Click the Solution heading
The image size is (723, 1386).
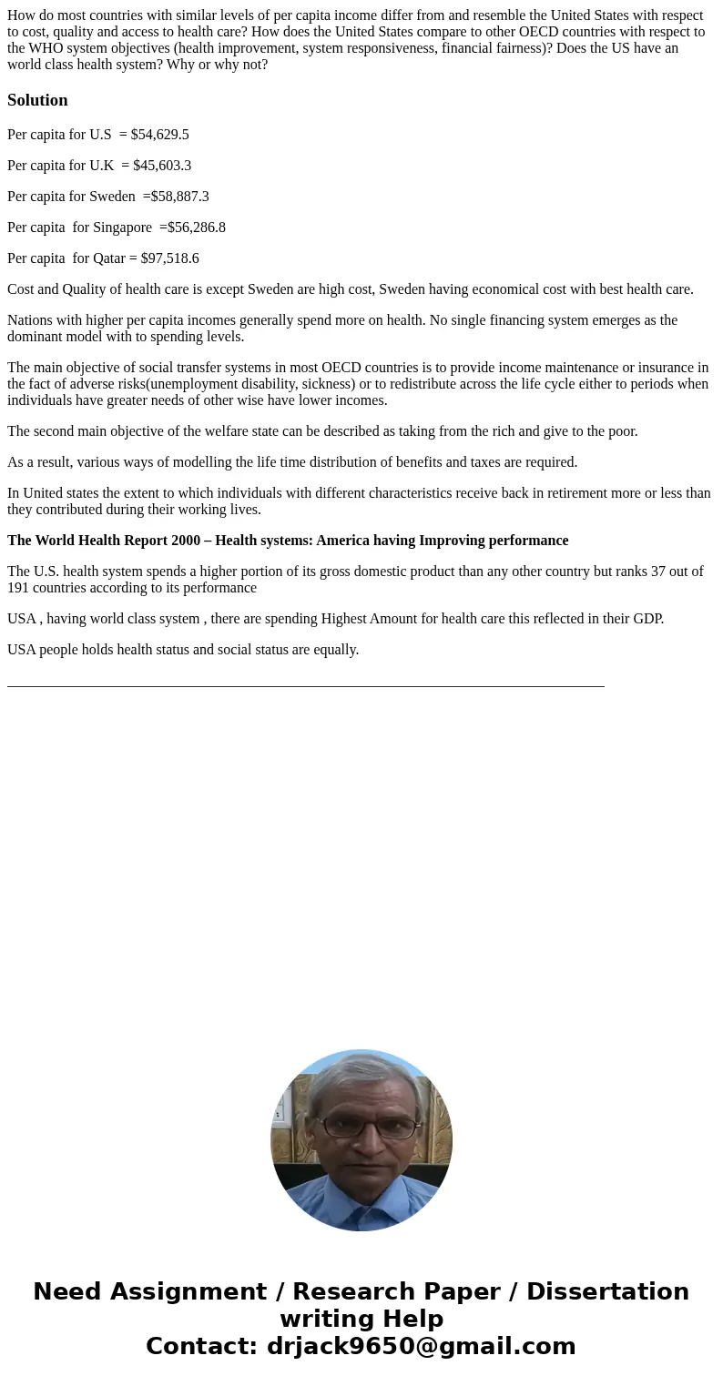37,100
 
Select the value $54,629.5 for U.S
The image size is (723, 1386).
159,135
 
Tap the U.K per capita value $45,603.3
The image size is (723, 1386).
162,166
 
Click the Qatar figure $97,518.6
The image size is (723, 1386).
169,258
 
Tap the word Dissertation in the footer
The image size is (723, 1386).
607,1291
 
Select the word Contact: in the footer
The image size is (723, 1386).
201,1346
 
